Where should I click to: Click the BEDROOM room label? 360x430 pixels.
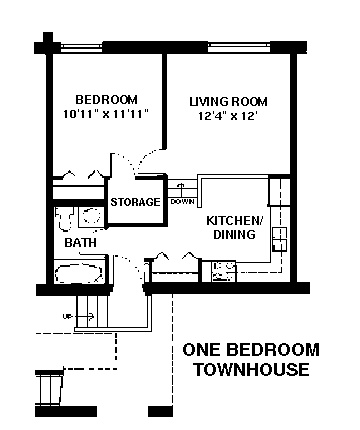click(x=106, y=100)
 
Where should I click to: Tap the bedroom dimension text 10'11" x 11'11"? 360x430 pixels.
click(x=106, y=114)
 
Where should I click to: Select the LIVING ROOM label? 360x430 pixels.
click(x=228, y=101)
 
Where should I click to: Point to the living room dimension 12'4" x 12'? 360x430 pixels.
click(x=228, y=116)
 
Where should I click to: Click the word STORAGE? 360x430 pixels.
click(x=135, y=202)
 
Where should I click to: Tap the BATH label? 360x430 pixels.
click(x=80, y=242)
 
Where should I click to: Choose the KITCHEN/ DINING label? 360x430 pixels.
click(x=235, y=227)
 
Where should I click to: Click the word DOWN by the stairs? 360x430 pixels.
click(x=182, y=202)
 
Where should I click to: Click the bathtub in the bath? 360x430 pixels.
click(x=79, y=274)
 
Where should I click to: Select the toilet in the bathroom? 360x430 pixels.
click(x=65, y=219)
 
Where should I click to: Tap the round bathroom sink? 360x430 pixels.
click(x=91, y=216)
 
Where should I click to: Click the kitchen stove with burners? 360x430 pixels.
click(x=224, y=271)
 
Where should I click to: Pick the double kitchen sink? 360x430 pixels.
click(x=279, y=239)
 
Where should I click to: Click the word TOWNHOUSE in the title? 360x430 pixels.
click(x=252, y=369)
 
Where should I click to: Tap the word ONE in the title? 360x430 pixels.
click(x=201, y=350)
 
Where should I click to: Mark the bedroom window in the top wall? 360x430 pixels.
click(x=82, y=48)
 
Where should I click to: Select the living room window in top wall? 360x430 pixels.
click(x=239, y=48)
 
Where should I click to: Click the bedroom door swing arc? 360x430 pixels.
click(x=147, y=159)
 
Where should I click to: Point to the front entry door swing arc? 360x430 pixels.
click(x=133, y=267)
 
